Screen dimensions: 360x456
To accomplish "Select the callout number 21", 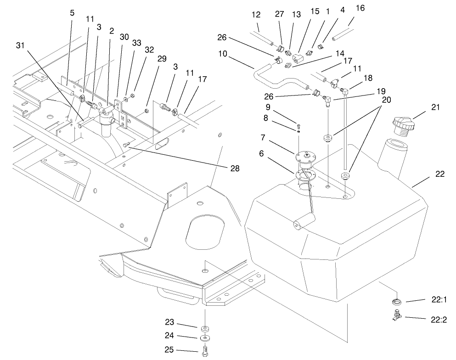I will (436, 107).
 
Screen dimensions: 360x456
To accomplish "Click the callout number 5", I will (72, 13).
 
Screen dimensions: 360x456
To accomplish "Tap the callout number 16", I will (361, 8).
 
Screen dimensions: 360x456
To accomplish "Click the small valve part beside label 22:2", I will (396, 316).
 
